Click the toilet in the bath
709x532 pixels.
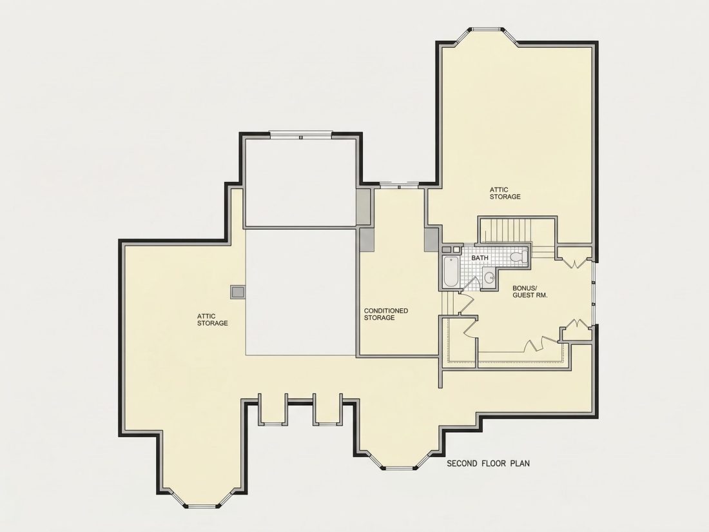(519, 257)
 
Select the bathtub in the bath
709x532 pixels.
(451, 271)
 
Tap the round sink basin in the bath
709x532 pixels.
(489, 277)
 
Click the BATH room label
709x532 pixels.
(480, 258)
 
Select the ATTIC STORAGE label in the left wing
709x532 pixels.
(212, 319)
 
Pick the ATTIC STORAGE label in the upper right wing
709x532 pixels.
(505, 193)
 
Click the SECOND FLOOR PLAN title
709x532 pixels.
(489, 463)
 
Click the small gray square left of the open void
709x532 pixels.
(238, 292)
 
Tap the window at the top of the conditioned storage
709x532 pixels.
(399, 184)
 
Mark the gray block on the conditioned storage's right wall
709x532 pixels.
(431, 241)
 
